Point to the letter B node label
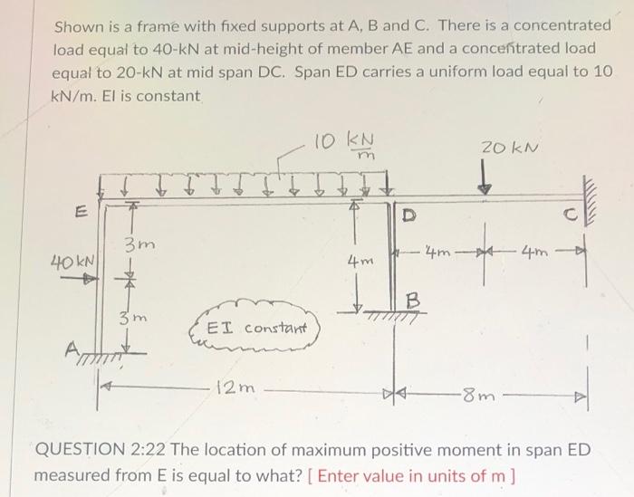tap(411, 296)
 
